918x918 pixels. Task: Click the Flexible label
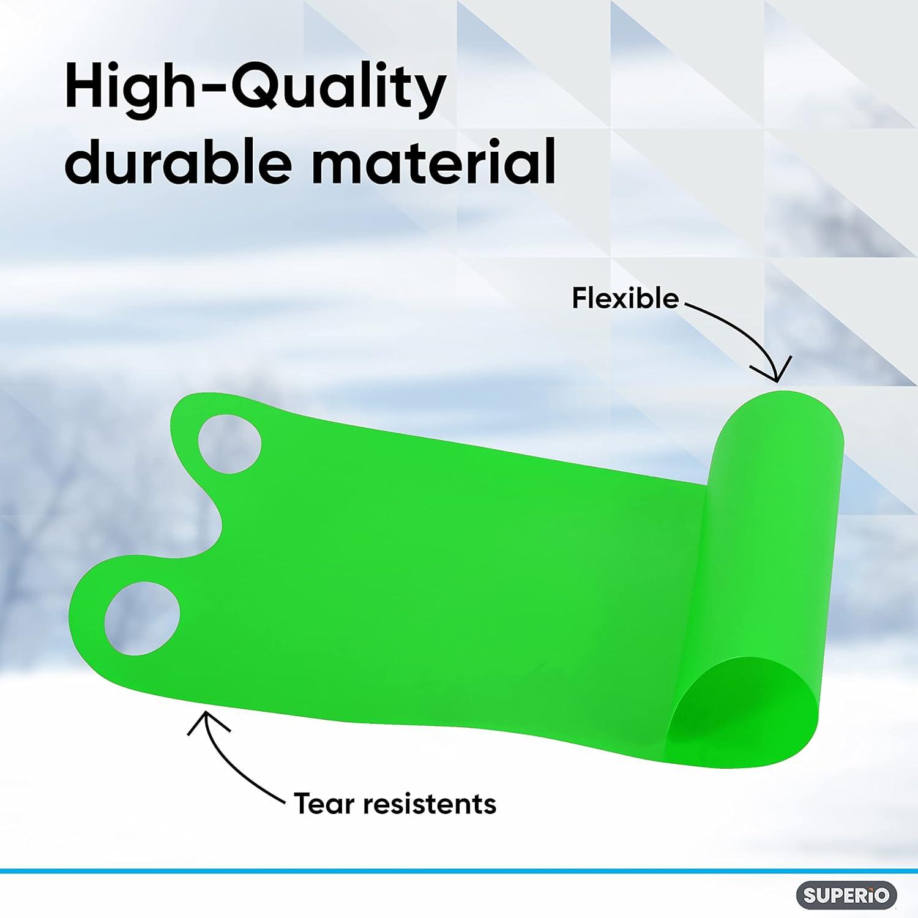pyautogui.click(x=625, y=299)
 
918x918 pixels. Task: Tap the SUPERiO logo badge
pyautogui.click(x=846, y=895)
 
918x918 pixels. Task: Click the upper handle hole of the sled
pyautogui.click(x=229, y=444)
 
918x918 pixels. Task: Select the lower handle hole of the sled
pyautogui.click(x=142, y=618)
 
